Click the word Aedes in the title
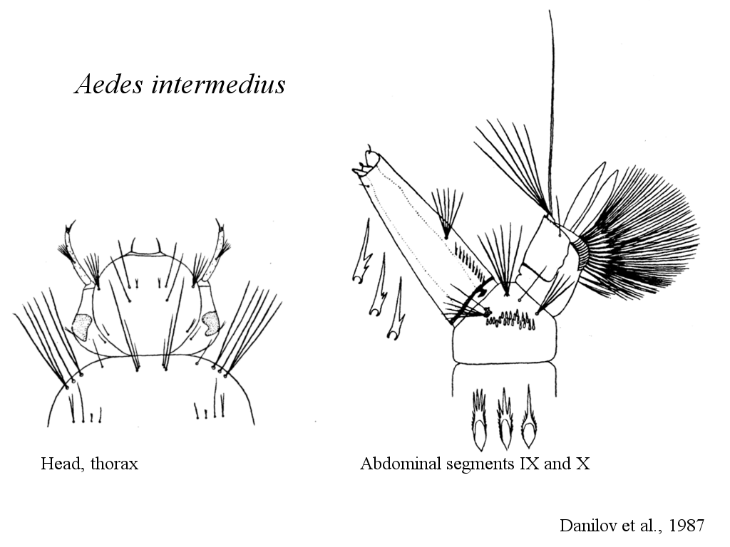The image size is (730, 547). click(x=108, y=84)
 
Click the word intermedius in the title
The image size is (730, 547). click(x=218, y=84)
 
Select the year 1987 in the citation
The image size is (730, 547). click(x=687, y=525)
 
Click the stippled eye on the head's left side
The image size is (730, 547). click(x=83, y=326)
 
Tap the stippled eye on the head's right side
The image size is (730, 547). click(x=210, y=323)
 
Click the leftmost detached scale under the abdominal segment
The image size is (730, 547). click(x=479, y=420)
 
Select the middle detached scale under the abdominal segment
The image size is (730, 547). click(x=505, y=419)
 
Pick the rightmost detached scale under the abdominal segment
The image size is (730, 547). click(x=529, y=417)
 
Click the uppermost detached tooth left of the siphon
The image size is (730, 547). click(x=362, y=251)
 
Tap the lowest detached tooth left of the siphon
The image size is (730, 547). click(x=396, y=309)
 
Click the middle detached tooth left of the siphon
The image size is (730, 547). click(x=379, y=285)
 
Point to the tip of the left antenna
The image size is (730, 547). click(x=71, y=222)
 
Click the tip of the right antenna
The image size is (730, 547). click(x=217, y=221)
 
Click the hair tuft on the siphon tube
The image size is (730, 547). click(x=447, y=214)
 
